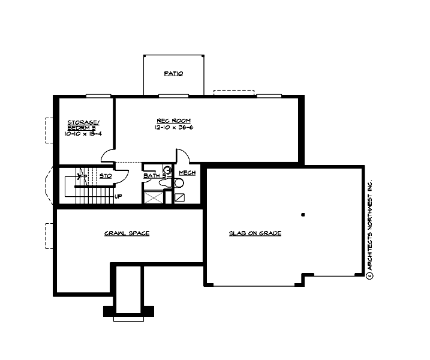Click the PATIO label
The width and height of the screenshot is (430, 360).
[173, 74]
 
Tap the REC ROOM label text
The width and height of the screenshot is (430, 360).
[165, 121]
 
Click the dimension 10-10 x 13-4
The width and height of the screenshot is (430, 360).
[83, 134]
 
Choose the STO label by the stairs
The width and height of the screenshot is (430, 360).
[106, 176]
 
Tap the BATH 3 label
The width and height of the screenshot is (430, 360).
[154, 176]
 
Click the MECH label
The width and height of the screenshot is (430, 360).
[187, 173]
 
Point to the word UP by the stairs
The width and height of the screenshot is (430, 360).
[119, 196]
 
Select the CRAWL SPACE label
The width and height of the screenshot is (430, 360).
[127, 233]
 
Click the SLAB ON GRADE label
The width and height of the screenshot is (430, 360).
[255, 233]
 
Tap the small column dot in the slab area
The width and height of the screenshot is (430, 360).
[303, 214]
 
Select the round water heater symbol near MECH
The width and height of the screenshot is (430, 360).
[168, 170]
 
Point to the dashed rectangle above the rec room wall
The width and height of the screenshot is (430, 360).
[233, 92]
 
